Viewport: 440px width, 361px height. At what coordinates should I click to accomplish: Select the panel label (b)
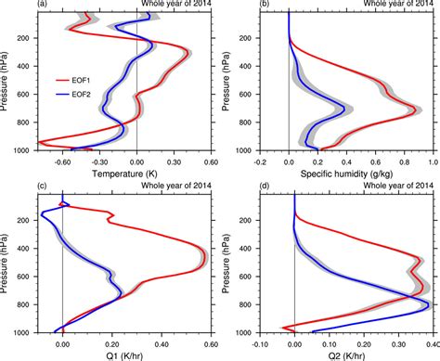237,5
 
